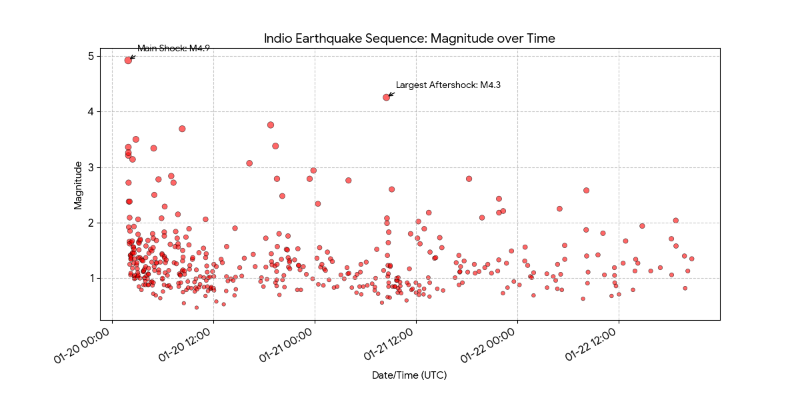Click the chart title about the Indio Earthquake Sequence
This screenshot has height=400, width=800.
pos(409,39)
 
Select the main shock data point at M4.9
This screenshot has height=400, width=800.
pos(128,60)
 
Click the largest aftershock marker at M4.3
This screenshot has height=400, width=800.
pos(387,97)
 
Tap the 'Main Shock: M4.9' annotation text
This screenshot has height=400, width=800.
pos(173,49)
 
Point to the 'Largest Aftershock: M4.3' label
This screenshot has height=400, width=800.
pos(448,85)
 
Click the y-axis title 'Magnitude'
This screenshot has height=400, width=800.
pos(78,185)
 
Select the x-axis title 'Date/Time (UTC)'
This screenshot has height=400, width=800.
pos(409,375)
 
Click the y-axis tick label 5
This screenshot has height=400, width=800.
pos(90,56)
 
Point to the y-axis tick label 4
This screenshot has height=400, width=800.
pos(90,111)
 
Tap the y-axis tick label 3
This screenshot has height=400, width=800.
pos(90,167)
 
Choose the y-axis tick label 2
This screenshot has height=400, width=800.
pos(90,222)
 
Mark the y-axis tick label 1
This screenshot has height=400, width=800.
pos(90,278)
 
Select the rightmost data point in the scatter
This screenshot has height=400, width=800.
pos(692,259)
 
